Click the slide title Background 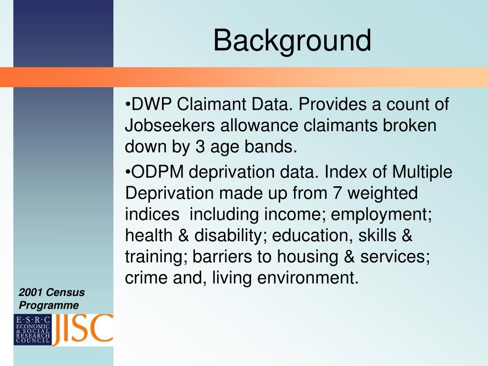[x=292, y=41]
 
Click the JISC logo [x=83, y=330]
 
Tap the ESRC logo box [x=33, y=330]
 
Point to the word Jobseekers [x=170, y=125]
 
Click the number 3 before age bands [x=200, y=147]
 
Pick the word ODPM [x=157, y=172]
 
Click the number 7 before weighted [x=337, y=193]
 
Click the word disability [x=229, y=236]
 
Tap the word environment [x=306, y=278]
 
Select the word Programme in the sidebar [x=49, y=305]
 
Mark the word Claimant [x=212, y=104]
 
